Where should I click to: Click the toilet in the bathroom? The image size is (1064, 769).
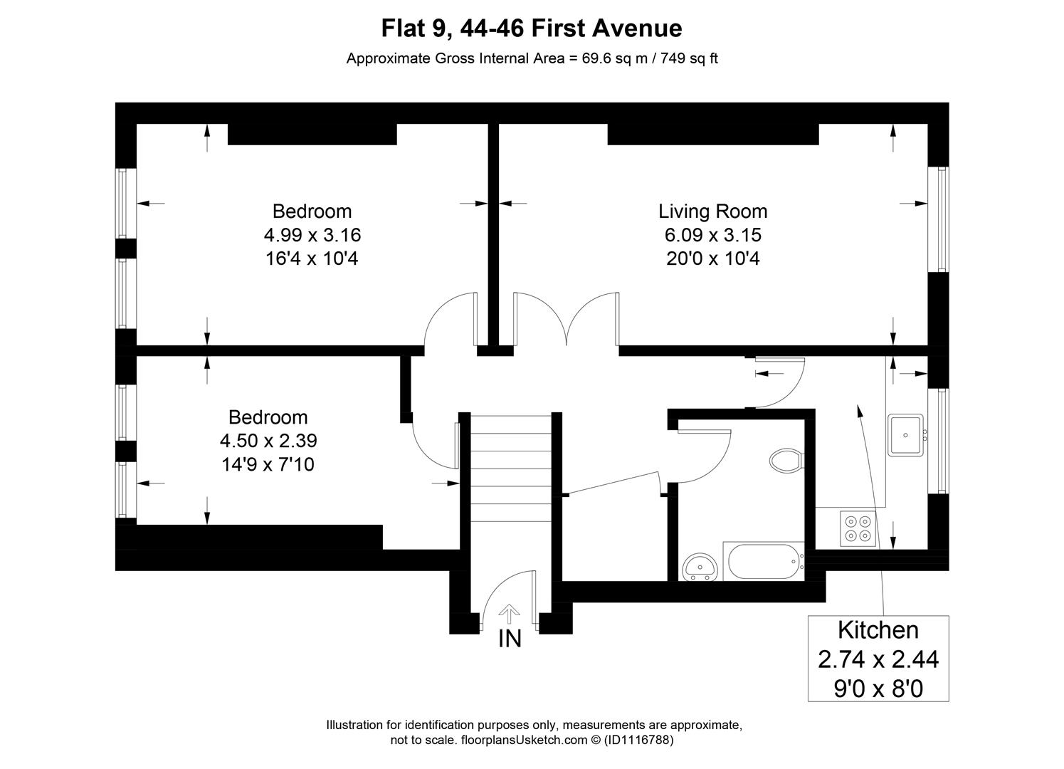786,460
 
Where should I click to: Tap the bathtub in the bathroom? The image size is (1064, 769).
763,561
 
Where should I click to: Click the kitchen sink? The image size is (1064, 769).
905,434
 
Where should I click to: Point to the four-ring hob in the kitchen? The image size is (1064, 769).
857,528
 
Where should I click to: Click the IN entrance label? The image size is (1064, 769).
510,639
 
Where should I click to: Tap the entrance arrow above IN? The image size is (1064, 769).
509,613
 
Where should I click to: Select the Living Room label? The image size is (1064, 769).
712,211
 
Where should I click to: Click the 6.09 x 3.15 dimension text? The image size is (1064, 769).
712,234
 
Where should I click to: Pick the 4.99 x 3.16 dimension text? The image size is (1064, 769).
312,234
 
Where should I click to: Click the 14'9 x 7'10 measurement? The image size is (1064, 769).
268,464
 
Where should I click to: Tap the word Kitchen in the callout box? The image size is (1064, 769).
878,630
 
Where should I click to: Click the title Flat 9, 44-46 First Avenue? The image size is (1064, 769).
532,28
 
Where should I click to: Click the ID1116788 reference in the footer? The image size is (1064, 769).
638,740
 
